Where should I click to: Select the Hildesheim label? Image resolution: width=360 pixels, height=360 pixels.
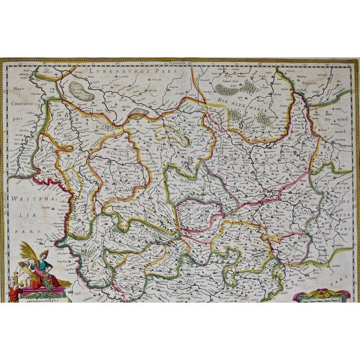coord(116,152)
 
